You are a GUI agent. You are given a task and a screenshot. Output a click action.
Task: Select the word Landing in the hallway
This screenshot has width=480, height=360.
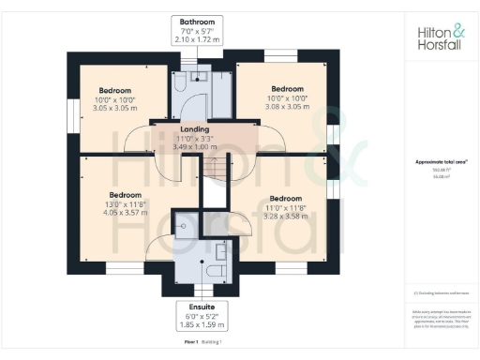click(194, 129)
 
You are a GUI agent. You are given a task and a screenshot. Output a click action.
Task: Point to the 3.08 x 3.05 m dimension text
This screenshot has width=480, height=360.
click(284, 108)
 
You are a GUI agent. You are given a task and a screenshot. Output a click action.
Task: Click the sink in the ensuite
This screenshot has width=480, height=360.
click(221, 251)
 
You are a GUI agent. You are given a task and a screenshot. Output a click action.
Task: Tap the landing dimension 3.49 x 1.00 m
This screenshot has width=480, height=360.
click(194, 147)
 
